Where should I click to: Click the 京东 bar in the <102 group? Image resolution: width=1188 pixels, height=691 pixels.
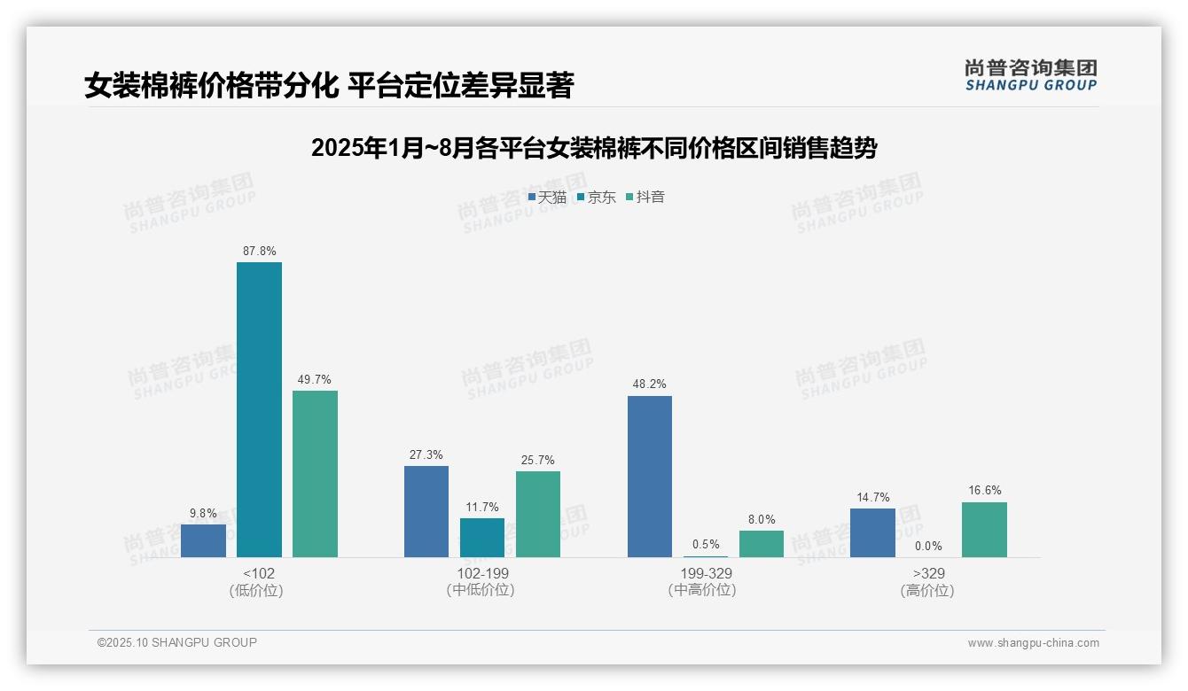tap(259, 409)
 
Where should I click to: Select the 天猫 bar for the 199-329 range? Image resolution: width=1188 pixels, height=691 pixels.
tap(650, 477)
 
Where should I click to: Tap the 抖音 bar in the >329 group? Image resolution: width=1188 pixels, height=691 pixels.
tap(984, 530)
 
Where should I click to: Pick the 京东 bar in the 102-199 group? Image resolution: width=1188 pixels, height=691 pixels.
tap(482, 538)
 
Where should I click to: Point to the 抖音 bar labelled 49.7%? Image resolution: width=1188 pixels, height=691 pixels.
tap(315, 474)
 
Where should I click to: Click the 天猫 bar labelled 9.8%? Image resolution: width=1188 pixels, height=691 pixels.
tap(203, 540)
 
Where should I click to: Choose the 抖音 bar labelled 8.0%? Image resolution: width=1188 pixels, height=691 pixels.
tap(762, 544)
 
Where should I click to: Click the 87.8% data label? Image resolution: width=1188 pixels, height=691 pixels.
tap(259, 251)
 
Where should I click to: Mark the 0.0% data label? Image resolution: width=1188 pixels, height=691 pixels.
tap(928, 546)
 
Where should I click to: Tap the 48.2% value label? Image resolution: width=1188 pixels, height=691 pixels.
tap(650, 384)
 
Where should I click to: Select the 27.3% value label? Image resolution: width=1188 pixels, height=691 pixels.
tap(426, 454)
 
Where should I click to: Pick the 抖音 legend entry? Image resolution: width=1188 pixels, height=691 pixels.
tap(645, 197)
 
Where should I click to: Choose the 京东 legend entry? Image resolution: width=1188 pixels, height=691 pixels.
tap(596, 197)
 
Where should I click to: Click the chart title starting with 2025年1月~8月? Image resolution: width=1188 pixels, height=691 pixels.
tap(594, 148)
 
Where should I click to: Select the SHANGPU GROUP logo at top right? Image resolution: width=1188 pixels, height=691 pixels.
tap(1030, 75)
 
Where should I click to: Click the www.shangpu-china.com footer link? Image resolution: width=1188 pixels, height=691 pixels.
tap(1033, 643)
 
